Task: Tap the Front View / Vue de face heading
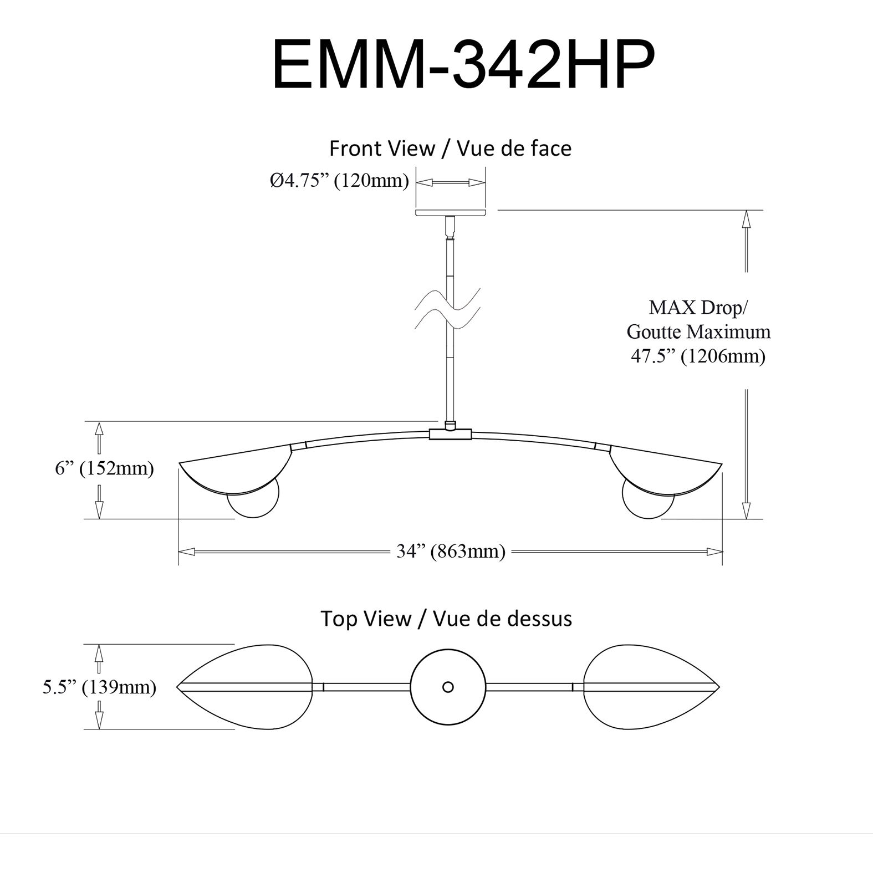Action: (x=450, y=149)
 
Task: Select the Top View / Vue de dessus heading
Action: (x=446, y=618)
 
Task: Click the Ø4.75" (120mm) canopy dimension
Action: (x=339, y=181)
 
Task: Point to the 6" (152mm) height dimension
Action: (x=104, y=469)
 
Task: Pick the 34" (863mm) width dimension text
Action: (x=451, y=551)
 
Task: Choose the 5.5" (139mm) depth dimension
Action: (x=100, y=687)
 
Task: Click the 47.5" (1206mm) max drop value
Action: (x=698, y=355)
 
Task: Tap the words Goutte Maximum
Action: (x=698, y=331)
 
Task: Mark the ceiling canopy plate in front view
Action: (x=450, y=212)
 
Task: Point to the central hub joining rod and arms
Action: (x=450, y=433)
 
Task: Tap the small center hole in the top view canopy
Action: (x=448, y=687)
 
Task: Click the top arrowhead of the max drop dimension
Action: (x=746, y=218)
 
